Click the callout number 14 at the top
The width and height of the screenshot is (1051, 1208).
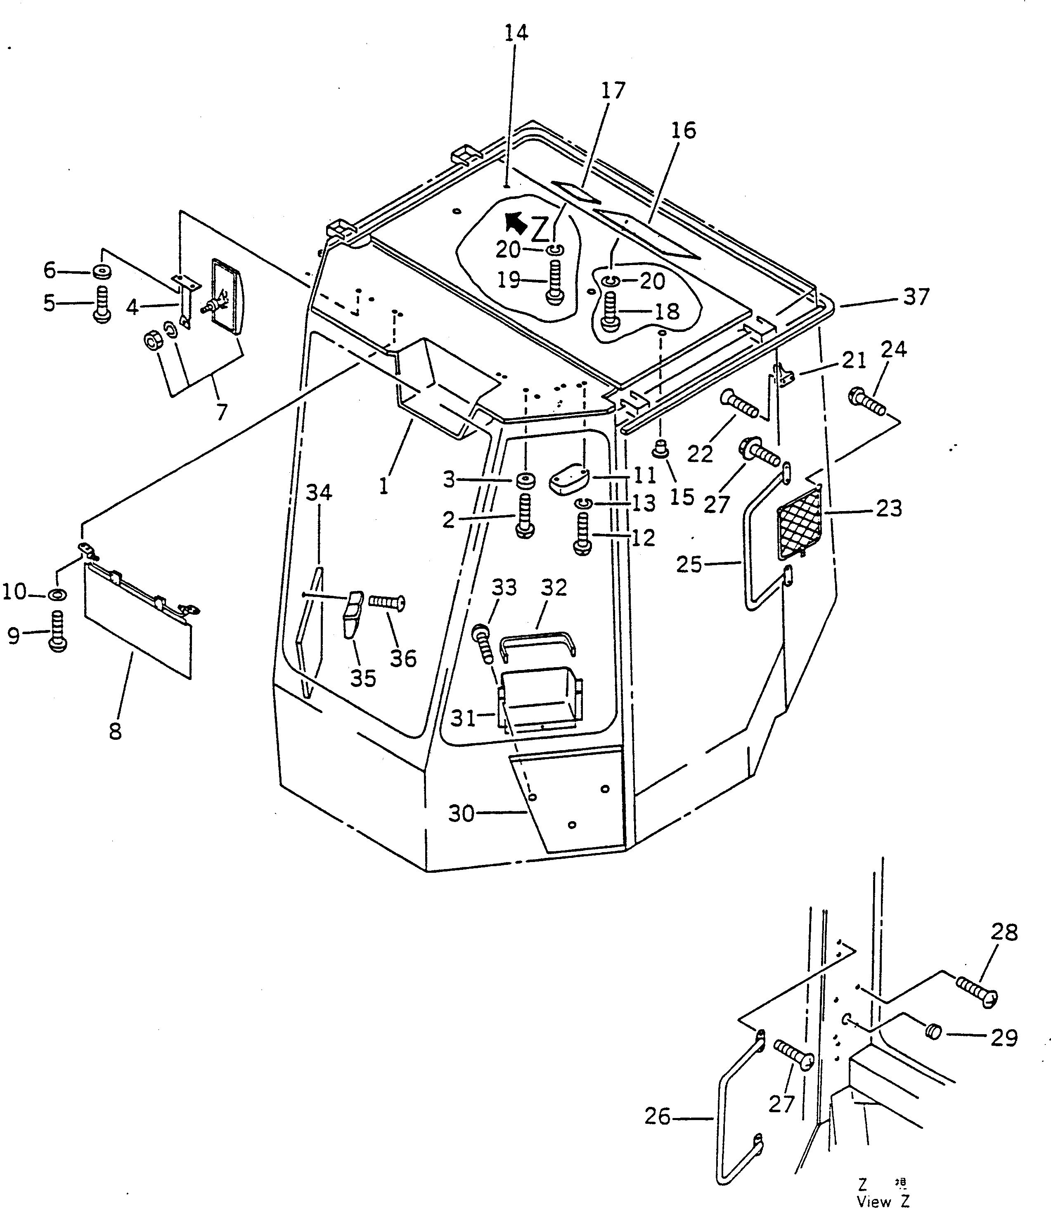pyautogui.click(x=516, y=33)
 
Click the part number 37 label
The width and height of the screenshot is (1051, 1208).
pyautogui.click(x=916, y=297)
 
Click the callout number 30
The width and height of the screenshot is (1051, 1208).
pyautogui.click(x=461, y=813)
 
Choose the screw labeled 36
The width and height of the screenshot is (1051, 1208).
pyautogui.click(x=387, y=602)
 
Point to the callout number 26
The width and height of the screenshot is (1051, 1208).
pyautogui.click(x=657, y=1118)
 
